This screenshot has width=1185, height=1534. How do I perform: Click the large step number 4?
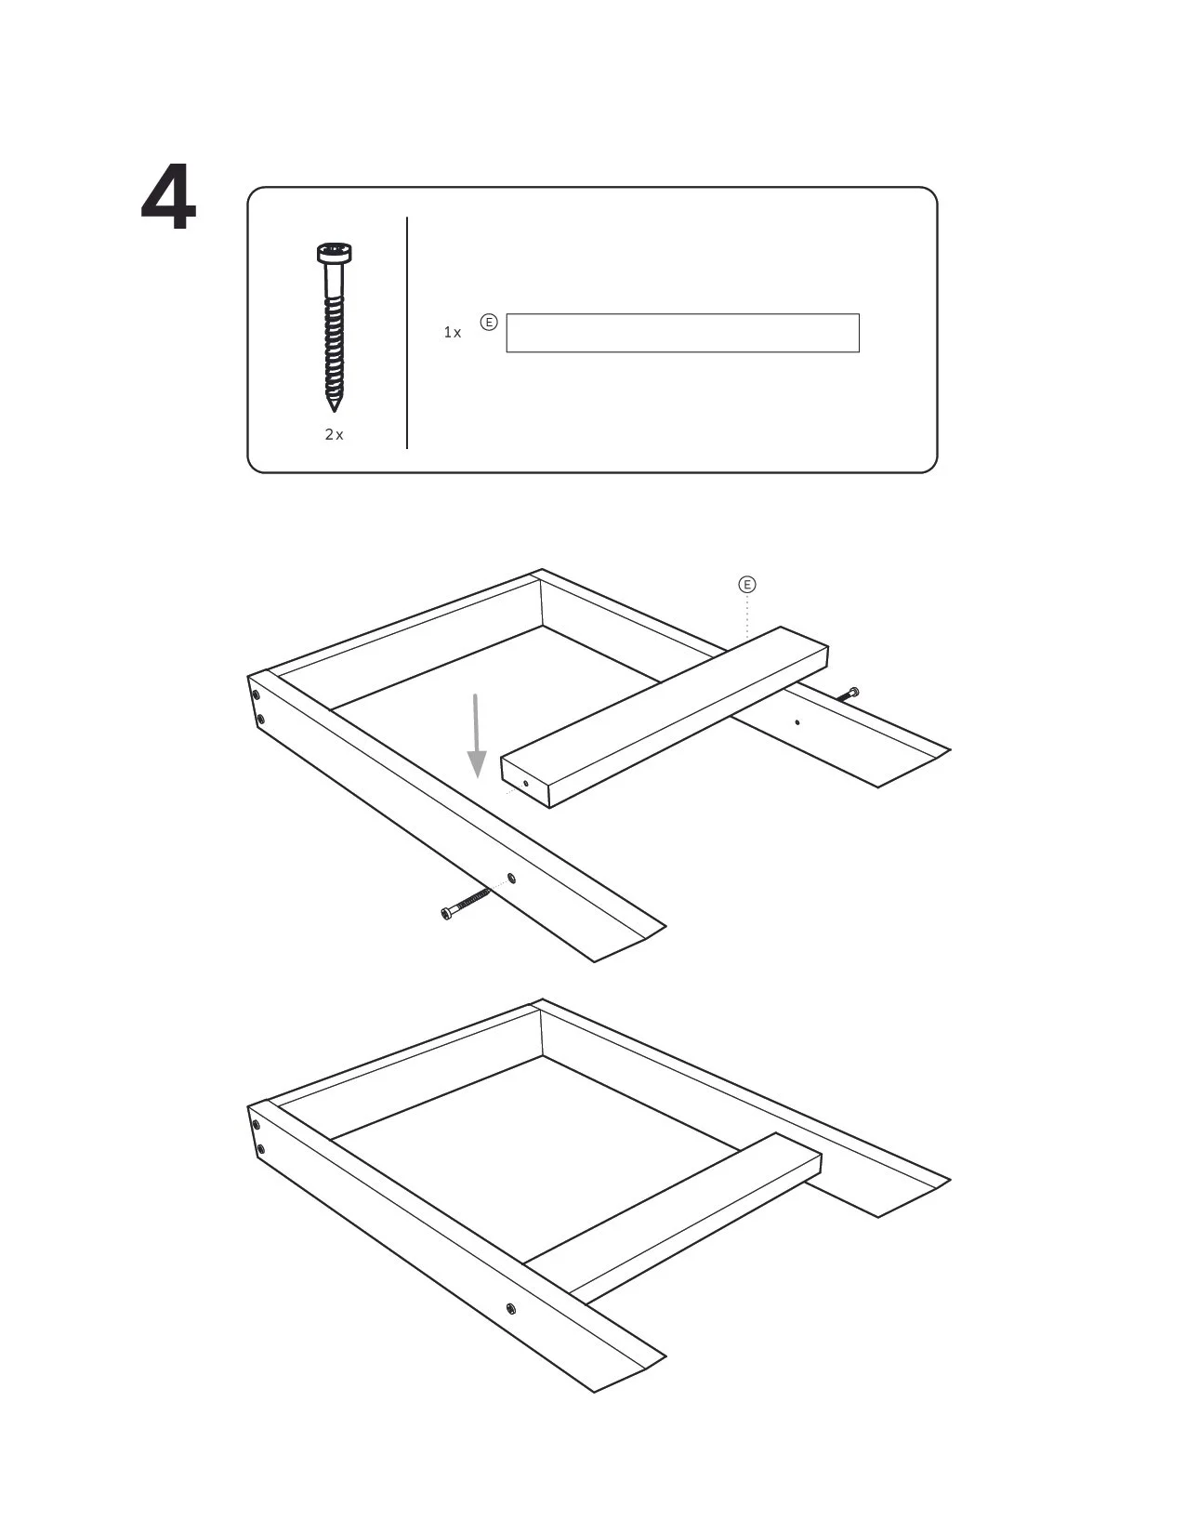168,197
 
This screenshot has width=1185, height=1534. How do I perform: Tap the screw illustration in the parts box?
334,327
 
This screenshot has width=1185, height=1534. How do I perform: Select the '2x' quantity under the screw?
334,435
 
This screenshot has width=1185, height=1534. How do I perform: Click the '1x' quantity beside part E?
453,333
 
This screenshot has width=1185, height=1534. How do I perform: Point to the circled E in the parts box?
489,323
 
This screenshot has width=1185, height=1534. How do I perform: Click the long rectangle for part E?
682,333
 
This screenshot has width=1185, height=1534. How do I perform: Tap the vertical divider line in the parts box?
407,333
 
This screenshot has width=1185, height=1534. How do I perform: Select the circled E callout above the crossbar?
746,585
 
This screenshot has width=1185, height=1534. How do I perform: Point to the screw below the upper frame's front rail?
465,905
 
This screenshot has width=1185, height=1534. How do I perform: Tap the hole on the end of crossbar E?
526,784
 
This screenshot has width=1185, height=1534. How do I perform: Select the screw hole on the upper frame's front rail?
512,879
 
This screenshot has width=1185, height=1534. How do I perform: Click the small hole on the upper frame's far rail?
797,722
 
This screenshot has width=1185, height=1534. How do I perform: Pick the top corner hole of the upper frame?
256,696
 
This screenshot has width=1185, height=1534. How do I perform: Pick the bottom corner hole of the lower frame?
261,1150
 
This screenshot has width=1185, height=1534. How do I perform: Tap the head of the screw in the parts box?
334,253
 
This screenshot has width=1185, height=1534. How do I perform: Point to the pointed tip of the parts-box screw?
334,411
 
